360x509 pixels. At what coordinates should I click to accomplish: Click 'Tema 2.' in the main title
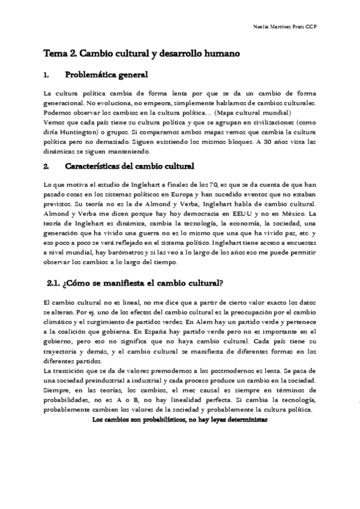point(59,53)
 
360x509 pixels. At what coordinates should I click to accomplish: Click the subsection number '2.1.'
point(55,283)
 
